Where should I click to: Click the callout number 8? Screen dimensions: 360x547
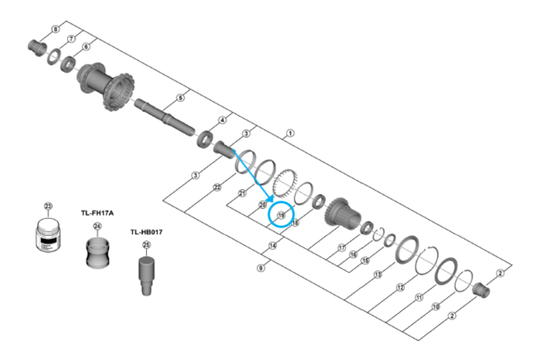tap(56, 30)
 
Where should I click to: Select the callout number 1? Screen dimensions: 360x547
tap(290, 132)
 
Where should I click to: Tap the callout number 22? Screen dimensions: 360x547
tap(217, 187)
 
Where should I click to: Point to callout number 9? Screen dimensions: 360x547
tap(260, 268)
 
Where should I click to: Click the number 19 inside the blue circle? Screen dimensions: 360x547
tap(282, 215)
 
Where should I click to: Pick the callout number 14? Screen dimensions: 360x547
tap(272, 244)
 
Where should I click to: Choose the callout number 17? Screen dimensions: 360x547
tap(341, 247)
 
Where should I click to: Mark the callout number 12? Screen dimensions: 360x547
tap(400, 287)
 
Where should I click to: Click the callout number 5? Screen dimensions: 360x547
tap(182, 99)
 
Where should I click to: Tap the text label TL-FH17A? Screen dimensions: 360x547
tap(96, 212)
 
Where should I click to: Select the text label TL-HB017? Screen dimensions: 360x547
tap(146, 232)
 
